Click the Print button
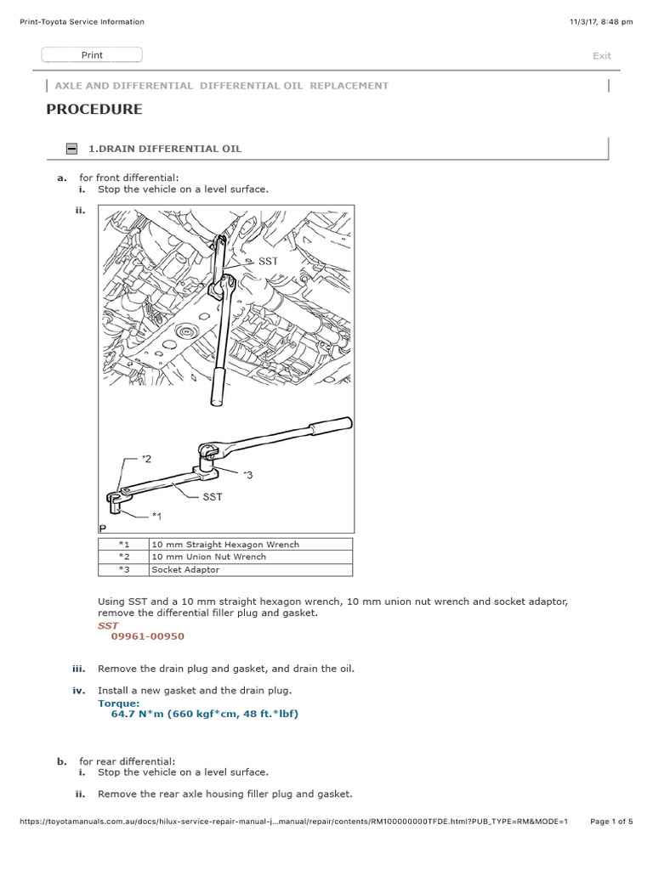tap(92, 55)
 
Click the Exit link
tap(601, 56)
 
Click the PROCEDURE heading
tap(94, 110)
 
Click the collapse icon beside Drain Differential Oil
tap(72, 149)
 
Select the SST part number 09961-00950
tap(147, 636)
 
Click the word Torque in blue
tap(118, 703)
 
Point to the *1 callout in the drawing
tap(156, 516)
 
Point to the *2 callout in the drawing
tap(146, 459)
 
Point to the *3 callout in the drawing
tap(247, 475)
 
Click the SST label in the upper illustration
tap(269, 263)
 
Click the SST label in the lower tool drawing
tap(212, 497)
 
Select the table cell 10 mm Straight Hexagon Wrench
tap(225, 545)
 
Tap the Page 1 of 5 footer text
tap(610, 822)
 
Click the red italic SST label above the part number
tap(108, 625)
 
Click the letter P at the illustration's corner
tap(103, 528)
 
